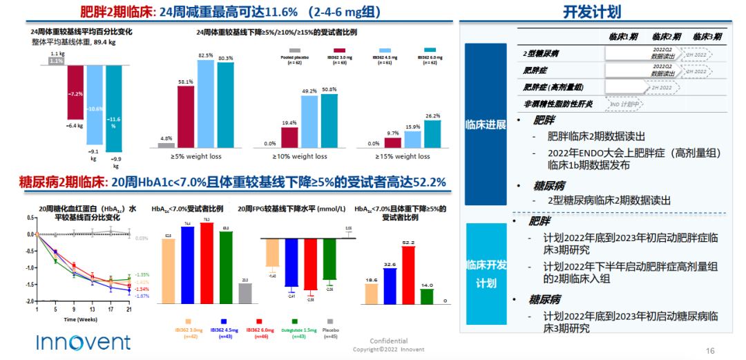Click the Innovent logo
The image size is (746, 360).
point(83,341)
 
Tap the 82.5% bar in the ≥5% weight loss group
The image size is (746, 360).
point(206,104)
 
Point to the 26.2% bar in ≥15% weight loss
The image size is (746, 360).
point(432,133)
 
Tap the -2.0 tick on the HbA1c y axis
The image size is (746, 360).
point(30,302)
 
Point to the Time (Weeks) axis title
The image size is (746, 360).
point(80,320)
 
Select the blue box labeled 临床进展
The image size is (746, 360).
point(486,124)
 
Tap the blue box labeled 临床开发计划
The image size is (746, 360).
point(486,274)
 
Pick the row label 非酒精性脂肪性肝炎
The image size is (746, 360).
point(559,104)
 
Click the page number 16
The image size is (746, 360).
point(709,350)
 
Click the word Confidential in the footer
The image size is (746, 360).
point(389,341)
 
